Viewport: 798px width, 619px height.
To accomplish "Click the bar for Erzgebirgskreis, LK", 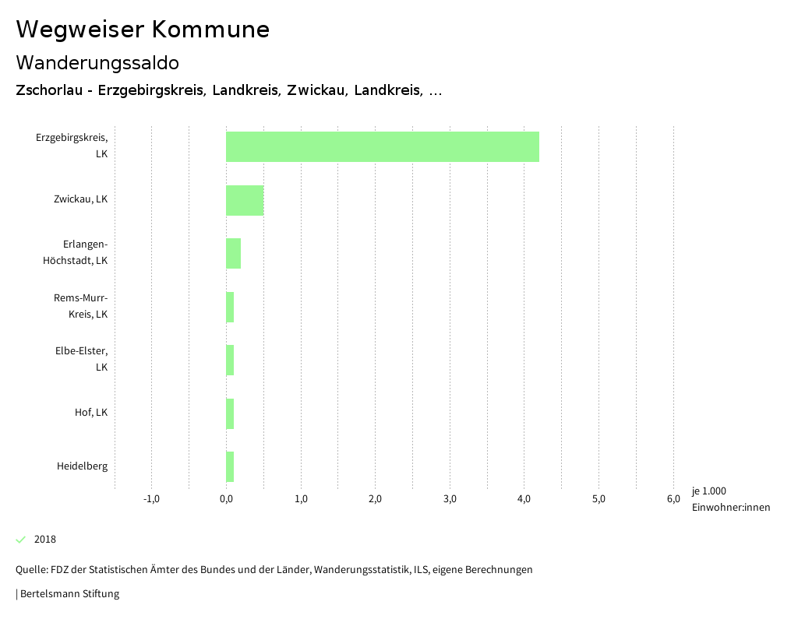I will click(382, 146).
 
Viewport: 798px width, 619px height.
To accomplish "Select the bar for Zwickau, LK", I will click(245, 200).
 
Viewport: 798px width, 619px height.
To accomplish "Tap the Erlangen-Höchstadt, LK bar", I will click(233, 253).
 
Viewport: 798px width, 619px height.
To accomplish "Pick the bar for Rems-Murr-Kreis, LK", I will click(230, 307).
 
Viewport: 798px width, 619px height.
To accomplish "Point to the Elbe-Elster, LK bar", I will click(230, 360).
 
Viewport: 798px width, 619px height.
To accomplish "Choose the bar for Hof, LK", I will click(230, 413).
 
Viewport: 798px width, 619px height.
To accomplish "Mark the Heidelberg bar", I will click(230, 466).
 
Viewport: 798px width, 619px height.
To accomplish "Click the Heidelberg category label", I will click(82, 466).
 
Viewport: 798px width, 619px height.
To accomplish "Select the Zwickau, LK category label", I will click(80, 199).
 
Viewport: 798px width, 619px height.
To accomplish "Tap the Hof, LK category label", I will click(91, 413).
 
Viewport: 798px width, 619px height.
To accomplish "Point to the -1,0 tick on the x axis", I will click(151, 499).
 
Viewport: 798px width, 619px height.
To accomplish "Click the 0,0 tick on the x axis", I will click(226, 499).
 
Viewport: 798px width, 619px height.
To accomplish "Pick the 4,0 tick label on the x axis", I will click(524, 499).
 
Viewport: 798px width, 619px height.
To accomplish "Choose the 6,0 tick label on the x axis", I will click(673, 499).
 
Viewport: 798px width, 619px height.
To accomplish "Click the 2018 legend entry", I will click(44, 540).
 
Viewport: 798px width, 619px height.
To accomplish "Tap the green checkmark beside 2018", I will click(21, 540).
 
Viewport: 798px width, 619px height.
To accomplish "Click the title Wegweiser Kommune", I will click(143, 30).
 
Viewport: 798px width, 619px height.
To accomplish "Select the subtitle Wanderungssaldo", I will click(97, 62).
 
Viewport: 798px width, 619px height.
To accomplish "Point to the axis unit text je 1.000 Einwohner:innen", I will click(730, 499).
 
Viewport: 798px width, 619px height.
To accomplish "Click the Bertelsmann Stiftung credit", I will click(69, 594).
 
